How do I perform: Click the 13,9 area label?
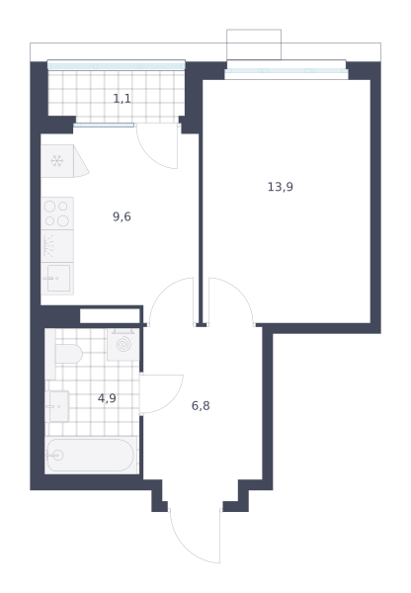[281, 187]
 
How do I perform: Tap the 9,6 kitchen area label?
[122, 216]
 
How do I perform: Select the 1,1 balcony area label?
[123, 99]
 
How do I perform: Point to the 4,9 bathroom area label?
[107, 398]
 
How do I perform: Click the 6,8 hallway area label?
[201, 406]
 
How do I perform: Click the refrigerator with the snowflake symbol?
[57, 161]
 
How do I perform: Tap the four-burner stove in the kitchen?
[57, 213]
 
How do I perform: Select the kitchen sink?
[57, 279]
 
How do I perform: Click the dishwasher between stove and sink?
[57, 246]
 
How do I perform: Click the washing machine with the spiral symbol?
[123, 345]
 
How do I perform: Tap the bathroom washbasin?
[57, 406]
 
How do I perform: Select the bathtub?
[91, 455]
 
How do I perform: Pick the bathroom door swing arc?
[174, 401]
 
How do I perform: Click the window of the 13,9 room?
[287, 71]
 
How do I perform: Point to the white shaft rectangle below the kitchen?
[110, 316]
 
